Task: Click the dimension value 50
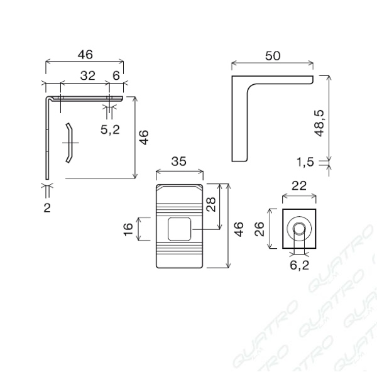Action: point(273,56)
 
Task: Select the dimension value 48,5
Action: point(320,123)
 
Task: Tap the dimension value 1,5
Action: point(305,162)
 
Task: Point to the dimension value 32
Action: point(87,75)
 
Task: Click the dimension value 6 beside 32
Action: point(116,75)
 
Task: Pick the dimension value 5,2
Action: point(110,130)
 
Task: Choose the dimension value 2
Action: point(47,208)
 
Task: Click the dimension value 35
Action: point(178,161)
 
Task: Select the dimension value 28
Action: point(211,205)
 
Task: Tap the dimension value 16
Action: point(128,229)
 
